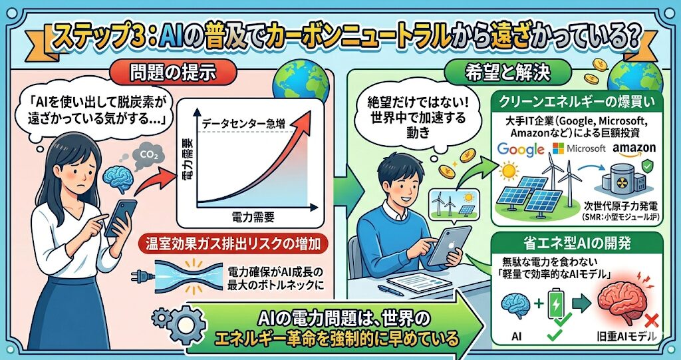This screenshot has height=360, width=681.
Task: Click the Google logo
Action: tap(521, 149)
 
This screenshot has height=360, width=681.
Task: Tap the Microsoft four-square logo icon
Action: tap(558, 148)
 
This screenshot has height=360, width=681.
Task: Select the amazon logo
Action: tap(634, 148)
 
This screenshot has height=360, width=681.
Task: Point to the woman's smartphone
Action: tap(120, 218)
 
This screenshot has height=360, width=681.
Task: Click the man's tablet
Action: tap(449, 245)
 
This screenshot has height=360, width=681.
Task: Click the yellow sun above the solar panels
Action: tap(509, 171)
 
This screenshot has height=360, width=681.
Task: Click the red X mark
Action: tap(652, 322)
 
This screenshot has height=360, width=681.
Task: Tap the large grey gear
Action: tap(186, 325)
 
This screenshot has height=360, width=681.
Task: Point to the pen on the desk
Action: tap(390, 290)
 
